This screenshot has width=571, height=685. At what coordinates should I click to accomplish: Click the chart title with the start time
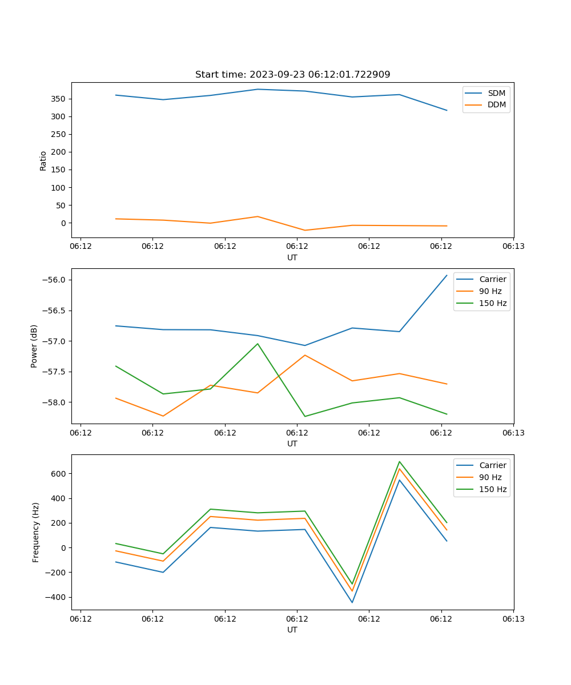(x=292, y=75)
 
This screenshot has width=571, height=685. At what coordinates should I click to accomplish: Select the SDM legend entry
(x=496, y=93)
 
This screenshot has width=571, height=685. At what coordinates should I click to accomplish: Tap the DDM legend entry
(x=496, y=104)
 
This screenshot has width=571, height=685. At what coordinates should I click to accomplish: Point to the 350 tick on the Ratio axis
(x=59, y=99)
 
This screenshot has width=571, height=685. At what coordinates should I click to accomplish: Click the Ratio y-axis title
(x=43, y=160)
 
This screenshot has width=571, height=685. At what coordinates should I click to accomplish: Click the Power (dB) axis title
(x=34, y=346)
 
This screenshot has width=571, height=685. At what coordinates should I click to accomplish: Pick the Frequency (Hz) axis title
(x=36, y=532)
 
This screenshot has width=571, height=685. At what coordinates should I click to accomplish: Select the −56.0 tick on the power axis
(x=55, y=280)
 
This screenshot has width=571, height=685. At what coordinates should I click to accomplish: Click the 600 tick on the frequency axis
(x=59, y=474)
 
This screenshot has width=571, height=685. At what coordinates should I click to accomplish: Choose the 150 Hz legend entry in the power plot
(x=492, y=303)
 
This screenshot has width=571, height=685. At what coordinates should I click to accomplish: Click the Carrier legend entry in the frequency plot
(x=492, y=465)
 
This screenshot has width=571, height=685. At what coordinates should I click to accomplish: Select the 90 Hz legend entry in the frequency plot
(x=490, y=477)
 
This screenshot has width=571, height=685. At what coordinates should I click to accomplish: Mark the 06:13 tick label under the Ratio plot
(x=513, y=247)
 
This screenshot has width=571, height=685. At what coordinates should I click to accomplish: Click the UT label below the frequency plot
(x=292, y=630)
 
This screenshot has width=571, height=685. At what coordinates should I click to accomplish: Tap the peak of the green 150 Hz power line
(x=258, y=344)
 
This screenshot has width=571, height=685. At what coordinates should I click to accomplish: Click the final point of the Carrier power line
(x=447, y=276)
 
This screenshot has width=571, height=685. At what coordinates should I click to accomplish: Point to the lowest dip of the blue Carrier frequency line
(x=352, y=602)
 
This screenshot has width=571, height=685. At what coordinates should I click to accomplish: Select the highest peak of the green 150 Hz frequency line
(x=399, y=462)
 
